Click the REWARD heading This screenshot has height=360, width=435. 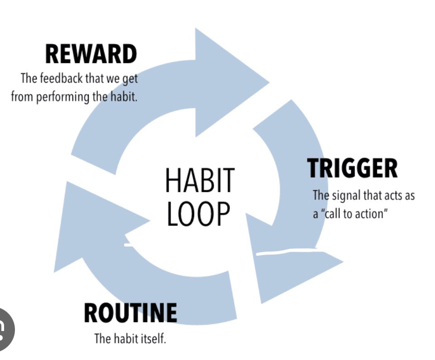pyautogui.click(x=91, y=55)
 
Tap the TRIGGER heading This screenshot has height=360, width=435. pyautogui.click(x=352, y=168)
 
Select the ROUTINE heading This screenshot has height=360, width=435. pyautogui.click(x=130, y=312)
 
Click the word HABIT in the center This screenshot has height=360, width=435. pyautogui.click(x=200, y=180)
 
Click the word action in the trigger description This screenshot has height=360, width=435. pyautogui.click(x=373, y=214)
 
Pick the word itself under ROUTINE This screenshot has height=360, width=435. pyautogui.click(x=153, y=338)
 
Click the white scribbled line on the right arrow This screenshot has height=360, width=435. pyautogui.click(x=290, y=251)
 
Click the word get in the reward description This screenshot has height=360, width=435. pyautogui.click(x=130, y=79)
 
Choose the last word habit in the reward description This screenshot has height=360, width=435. pyautogui.click(x=123, y=96)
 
